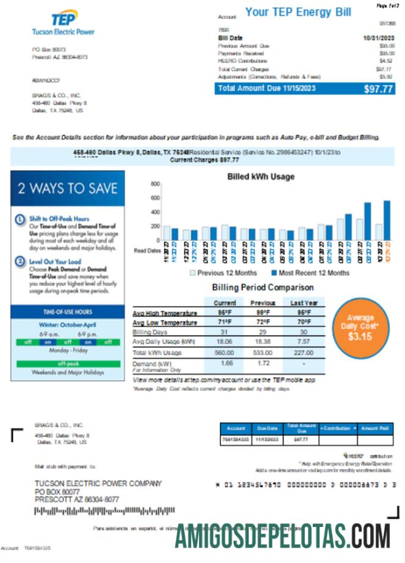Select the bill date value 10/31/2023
[378, 39]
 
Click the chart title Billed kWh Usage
[260, 177]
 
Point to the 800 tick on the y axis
[155, 183]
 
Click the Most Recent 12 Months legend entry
[310, 273]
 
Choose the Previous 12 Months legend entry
[223, 273]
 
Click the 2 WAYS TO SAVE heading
[67, 188]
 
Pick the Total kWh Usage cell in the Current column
[225, 353]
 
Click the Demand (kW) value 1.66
[225, 364]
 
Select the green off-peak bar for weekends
[67, 364]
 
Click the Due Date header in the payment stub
[267, 428]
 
